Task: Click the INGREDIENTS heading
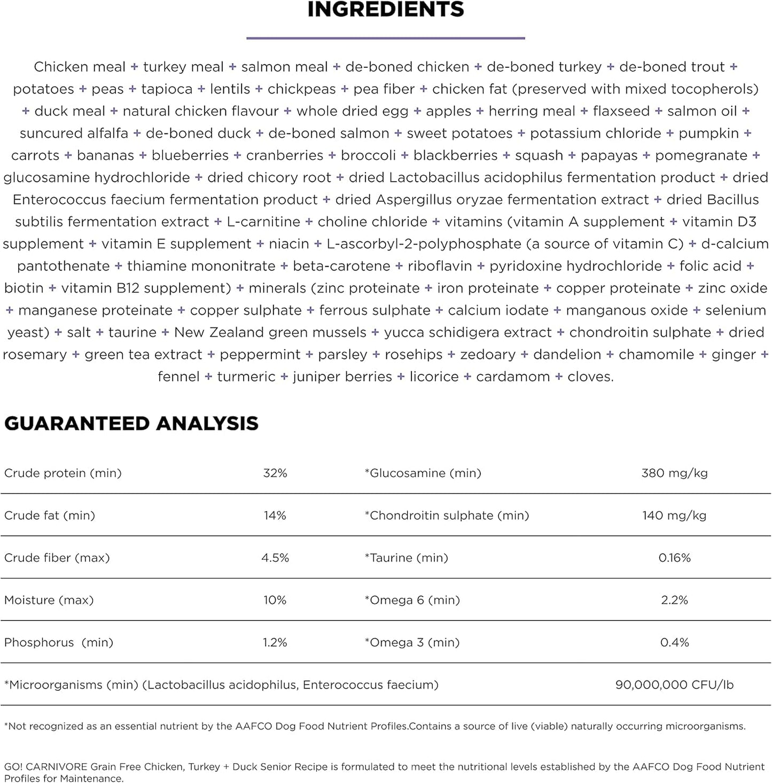tap(386, 10)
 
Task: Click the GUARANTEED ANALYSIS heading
tap(131, 424)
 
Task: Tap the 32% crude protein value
tap(275, 473)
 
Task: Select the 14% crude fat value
tap(275, 515)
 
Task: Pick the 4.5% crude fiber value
tap(275, 558)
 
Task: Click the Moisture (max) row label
tap(49, 600)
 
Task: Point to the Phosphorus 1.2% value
tap(275, 643)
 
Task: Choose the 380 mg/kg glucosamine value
tap(674, 473)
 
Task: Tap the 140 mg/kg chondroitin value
tap(674, 515)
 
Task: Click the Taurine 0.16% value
tap(674, 558)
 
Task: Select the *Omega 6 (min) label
tap(412, 600)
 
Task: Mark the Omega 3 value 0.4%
tap(674, 643)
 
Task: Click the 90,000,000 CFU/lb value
tap(674, 685)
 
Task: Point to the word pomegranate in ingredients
tap(701, 155)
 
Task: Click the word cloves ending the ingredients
tap(589, 377)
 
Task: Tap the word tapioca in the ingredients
tap(167, 89)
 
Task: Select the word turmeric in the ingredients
tap(246, 377)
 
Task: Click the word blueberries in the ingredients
tap(190, 155)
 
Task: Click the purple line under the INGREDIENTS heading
tap(386, 38)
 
